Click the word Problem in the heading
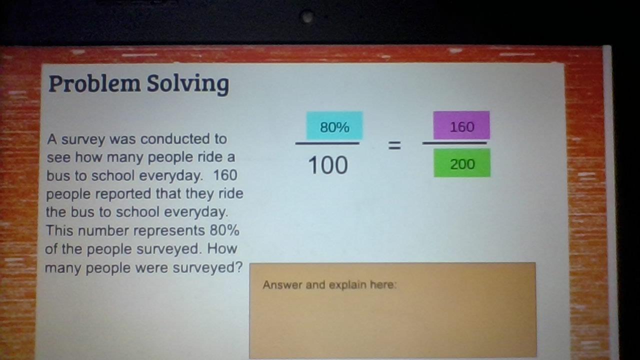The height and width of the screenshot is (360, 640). point(94,83)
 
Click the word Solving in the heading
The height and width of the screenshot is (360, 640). point(187,84)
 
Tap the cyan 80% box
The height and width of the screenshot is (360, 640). point(334,125)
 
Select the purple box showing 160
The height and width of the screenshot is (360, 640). point(461,125)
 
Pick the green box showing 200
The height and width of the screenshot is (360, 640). point(462,163)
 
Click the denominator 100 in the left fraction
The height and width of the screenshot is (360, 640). point(328,165)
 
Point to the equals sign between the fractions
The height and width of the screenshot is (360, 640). point(394,145)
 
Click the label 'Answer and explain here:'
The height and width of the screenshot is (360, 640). point(329,285)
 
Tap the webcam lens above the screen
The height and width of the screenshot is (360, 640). point(307,16)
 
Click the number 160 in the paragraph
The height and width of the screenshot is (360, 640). point(225,175)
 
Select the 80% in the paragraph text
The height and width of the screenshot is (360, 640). point(224,230)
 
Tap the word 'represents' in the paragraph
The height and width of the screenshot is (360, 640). point(169,231)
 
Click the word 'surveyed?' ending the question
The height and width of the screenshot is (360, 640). point(207,268)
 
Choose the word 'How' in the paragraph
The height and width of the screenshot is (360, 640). point(222,248)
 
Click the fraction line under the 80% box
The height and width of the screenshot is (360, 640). point(327,143)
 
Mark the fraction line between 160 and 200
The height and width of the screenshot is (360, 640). point(454,143)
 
